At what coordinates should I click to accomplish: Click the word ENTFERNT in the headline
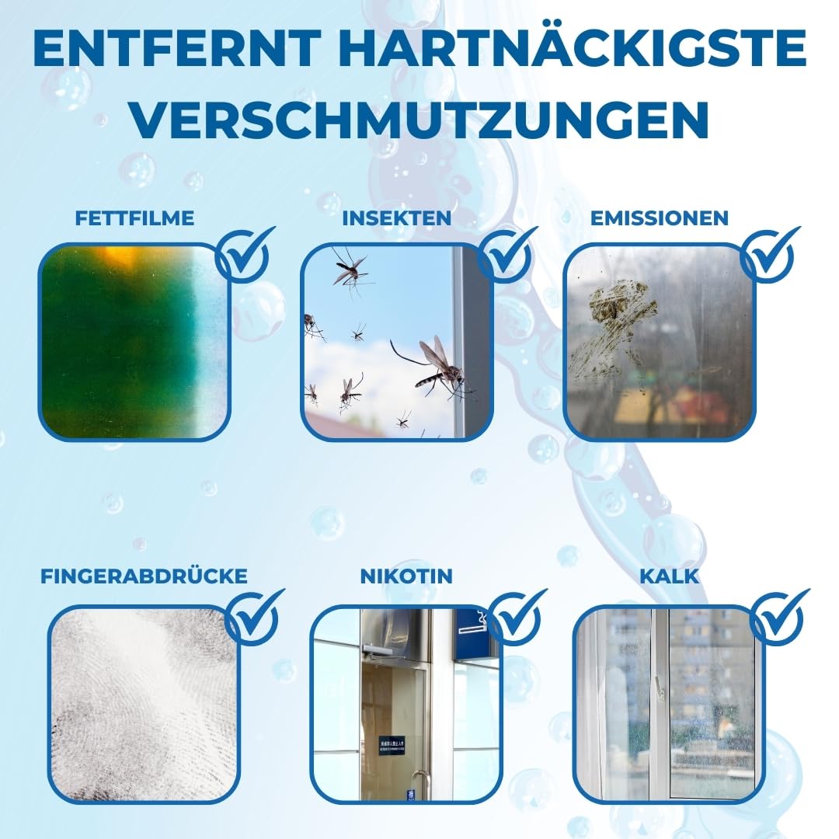pyautogui.click(x=177, y=47)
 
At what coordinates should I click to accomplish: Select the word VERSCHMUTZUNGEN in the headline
pyautogui.click(x=420, y=120)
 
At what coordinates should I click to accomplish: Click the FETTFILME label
pyautogui.click(x=134, y=218)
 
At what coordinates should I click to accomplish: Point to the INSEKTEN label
pyautogui.click(x=397, y=218)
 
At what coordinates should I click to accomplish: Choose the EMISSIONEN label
pyautogui.click(x=660, y=218)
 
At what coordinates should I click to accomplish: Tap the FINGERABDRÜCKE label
pyautogui.click(x=144, y=576)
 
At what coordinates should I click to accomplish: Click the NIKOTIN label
pyautogui.click(x=406, y=576)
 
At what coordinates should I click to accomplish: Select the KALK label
pyautogui.click(x=670, y=576)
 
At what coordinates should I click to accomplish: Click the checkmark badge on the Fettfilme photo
pyautogui.click(x=243, y=256)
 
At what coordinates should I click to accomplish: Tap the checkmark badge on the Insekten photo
pyautogui.click(x=506, y=256)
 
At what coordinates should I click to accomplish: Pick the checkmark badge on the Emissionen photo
pyautogui.click(x=768, y=256)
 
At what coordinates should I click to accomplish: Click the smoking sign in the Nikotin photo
pyautogui.click(x=474, y=626)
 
